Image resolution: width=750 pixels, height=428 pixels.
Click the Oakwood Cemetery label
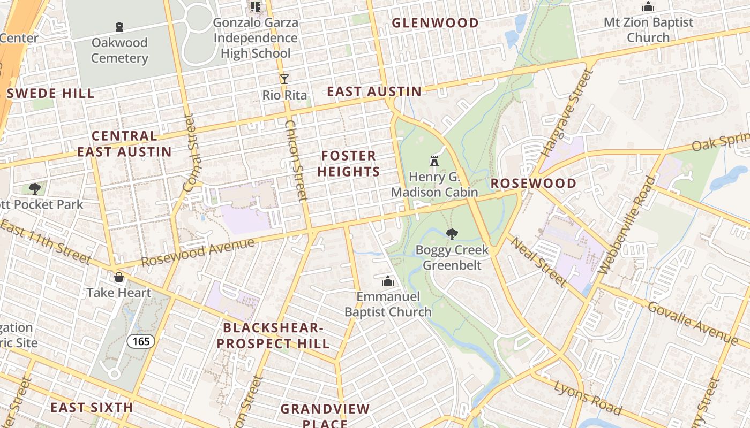click(119, 50)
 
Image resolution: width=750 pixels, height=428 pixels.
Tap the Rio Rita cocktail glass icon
click(284, 79)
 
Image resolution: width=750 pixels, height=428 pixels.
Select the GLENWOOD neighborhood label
click(435, 23)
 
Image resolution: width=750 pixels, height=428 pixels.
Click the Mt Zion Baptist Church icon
click(648, 7)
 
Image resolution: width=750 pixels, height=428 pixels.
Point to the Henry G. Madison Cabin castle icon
click(434, 160)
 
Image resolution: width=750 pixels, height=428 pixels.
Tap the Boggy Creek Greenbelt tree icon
click(452, 233)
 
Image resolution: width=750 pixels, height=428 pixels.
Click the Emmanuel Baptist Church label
click(387, 304)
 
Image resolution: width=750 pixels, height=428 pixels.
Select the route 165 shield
click(141, 341)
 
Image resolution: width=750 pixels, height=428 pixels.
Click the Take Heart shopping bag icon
click(119, 277)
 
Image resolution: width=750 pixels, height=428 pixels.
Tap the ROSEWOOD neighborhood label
click(534, 184)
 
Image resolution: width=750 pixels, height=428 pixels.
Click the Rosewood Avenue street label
click(198, 252)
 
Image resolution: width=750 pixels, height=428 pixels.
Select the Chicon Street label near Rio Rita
click(295, 160)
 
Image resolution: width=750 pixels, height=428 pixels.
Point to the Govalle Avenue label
click(692, 323)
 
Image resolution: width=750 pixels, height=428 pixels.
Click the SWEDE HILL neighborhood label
click(51, 94)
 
